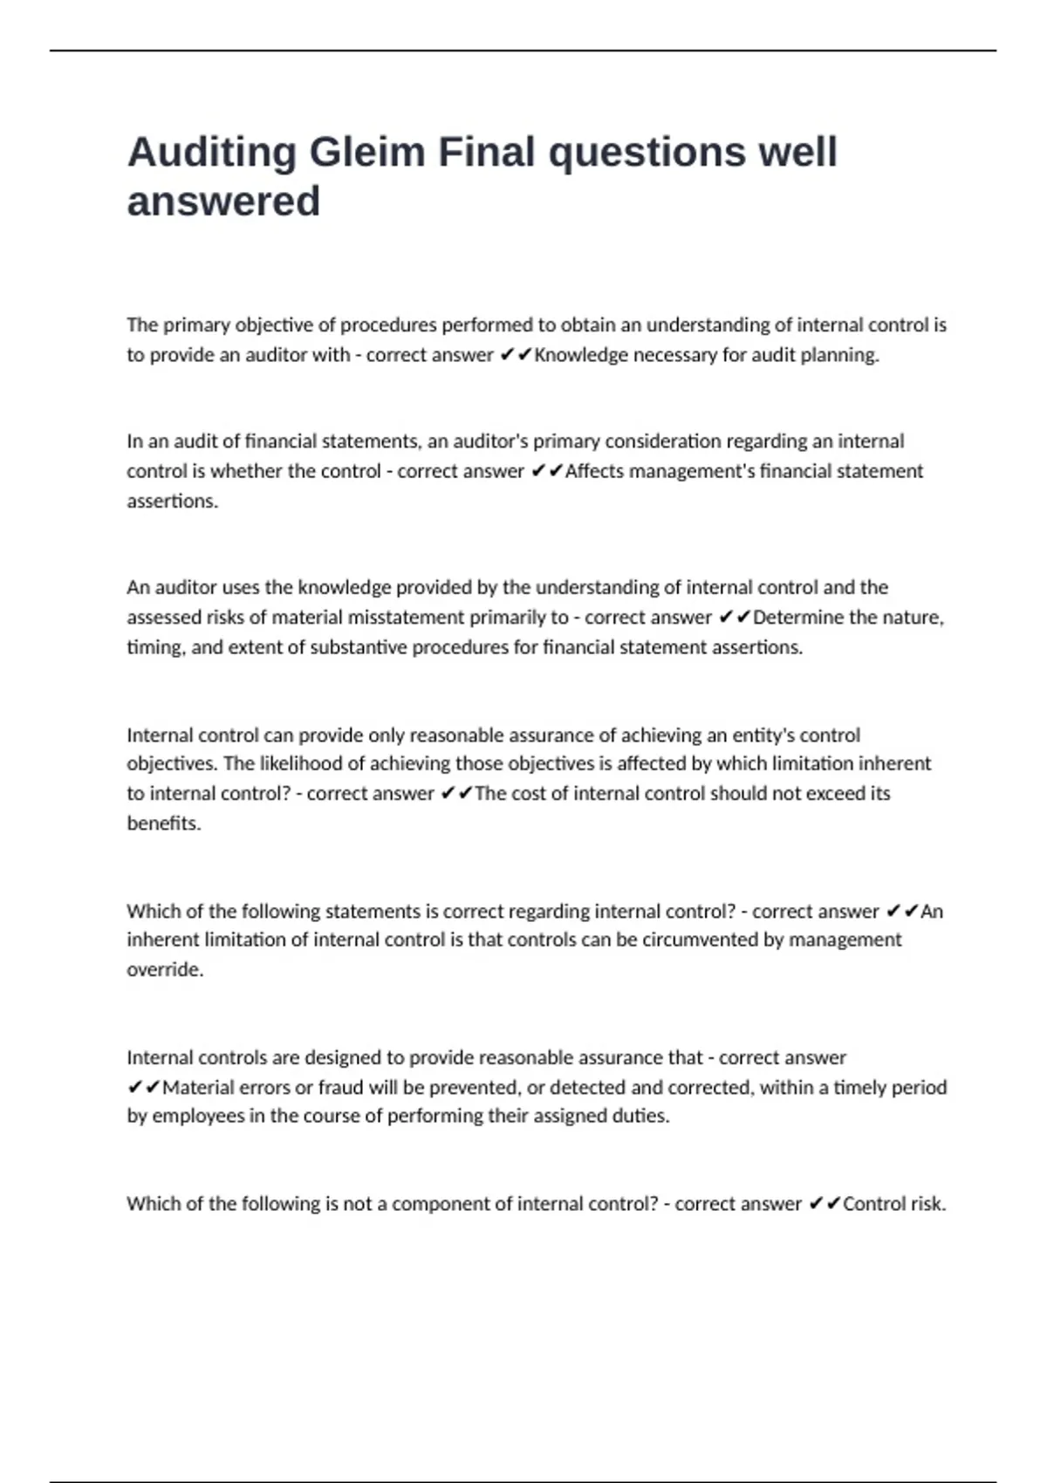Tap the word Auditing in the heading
(x=212, y=153)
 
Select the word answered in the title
(x=223, y=202)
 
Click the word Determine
(x=797, y=618)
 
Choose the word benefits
(x=163, y=824)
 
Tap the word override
(x=164, y=970)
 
